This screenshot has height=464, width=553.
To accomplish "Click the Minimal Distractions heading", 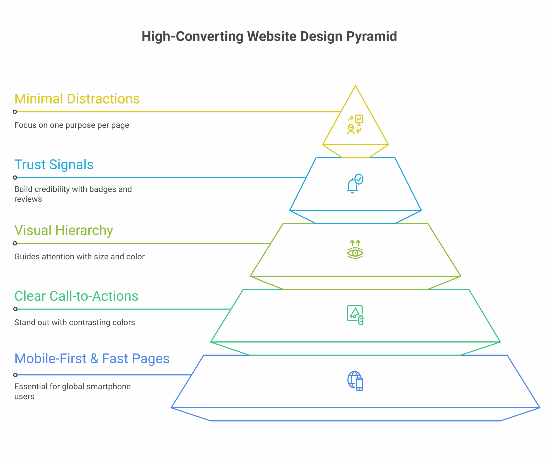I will [x=77, y=99].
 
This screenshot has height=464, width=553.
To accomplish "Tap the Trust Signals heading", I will [x=54, y=165].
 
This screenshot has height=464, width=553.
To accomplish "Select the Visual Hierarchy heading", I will [x=64, y=230].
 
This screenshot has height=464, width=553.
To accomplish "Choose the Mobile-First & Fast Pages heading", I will [x=92, y=359].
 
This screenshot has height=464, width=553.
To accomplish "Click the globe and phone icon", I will [x=355, y=381].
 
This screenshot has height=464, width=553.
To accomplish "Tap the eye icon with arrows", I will [x=355, y=250].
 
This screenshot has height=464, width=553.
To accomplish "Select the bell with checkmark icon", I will [x=355, y=184].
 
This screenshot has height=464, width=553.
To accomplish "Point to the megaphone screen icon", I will [x=355, y=315].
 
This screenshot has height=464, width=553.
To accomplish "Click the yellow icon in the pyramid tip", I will [x=355, y=125].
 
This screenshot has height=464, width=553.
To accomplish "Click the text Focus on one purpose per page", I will [x=72, y=125].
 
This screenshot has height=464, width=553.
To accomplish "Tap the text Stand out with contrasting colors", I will [x=75, y=322].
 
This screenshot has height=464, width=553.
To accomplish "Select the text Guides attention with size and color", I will [x=79, y=257].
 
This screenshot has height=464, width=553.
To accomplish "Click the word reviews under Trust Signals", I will [x=28, y=199].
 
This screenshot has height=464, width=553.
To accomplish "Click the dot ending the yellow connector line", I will [x=15, y=112].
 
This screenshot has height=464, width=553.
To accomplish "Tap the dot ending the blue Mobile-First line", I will [x=15, y=375].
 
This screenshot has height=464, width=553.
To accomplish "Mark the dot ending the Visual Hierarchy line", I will [x=15, y=243].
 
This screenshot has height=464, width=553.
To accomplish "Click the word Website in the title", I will [x=272, y=36].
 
